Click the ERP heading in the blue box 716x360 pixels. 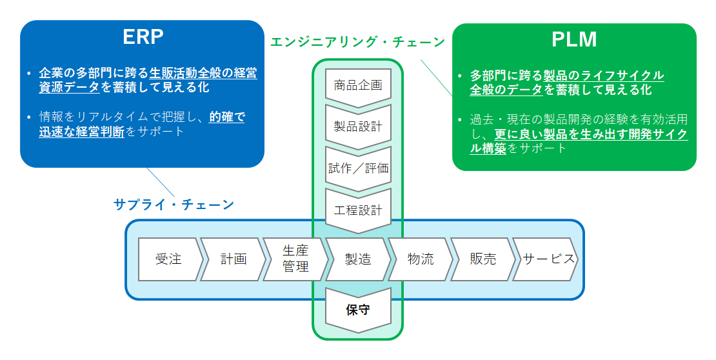(x=143, y=37)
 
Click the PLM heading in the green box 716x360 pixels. (x=574, y=40)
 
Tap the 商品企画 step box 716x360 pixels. (x=358, y=86)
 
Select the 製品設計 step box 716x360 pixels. (x=358, y=126)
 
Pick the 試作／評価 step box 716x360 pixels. (x=358, y=168)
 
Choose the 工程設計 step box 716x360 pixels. (x=358, y=210)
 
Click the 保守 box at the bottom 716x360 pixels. (x=358, y=310)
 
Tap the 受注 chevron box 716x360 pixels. (x=170, y=259)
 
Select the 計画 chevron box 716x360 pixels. (x=233, y=259)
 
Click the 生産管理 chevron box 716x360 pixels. (x=295, y=259)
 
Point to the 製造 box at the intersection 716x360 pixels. (x=358, y=259)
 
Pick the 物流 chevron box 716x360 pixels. (x=421, y=259)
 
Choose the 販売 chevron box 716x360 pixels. (x=483, y=259)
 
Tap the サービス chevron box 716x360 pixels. (x=546, y=259)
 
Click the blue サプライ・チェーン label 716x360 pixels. (x=174, y=205)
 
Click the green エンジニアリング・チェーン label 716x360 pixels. (x=357, y=42)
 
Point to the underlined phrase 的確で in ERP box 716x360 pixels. (x=227, y=117)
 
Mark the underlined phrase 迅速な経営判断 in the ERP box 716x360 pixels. (x=82, y=132)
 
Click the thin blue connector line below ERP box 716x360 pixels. (x=161, y=182)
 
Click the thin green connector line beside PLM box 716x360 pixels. (x=437, y=77)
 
